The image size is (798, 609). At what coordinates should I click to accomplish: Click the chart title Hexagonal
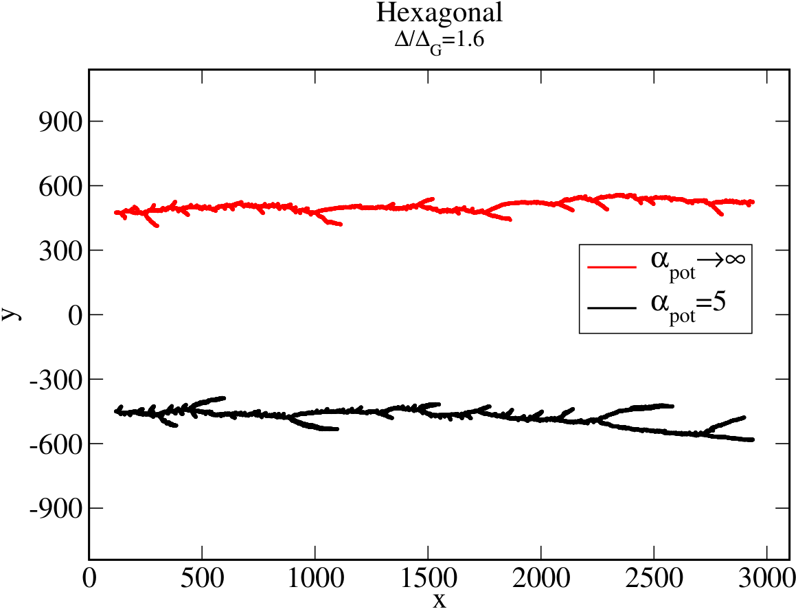point(440,13)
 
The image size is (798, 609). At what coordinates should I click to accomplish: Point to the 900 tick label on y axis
point(60,122)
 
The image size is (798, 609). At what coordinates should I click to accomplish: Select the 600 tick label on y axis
point(60,187)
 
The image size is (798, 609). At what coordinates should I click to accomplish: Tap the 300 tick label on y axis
point(60,251)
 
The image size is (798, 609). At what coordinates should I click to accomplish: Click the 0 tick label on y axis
point(76,315)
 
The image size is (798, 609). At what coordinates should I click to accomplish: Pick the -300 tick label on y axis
point(56,380)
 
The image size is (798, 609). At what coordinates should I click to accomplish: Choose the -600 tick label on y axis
point(56,445)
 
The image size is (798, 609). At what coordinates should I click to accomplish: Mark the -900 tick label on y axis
point(56,509)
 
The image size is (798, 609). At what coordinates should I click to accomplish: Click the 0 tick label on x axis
point(89,579)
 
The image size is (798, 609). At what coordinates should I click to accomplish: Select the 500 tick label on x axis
point(203,579)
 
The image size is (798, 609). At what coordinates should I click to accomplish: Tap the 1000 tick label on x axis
point(315,579)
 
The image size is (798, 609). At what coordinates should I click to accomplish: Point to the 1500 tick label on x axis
point(429,579)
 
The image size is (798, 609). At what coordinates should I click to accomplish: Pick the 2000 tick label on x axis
point(541,579)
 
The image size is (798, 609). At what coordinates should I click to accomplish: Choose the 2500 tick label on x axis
point(654,579)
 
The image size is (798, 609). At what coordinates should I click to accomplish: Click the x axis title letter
point(440,601)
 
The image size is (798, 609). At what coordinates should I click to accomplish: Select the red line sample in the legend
point(612,266)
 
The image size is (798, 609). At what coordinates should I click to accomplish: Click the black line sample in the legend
point(612,308)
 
